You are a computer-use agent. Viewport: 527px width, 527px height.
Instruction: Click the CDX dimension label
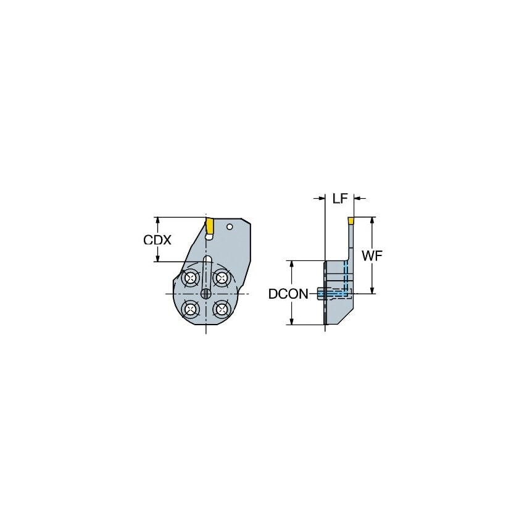(x=157, y=240)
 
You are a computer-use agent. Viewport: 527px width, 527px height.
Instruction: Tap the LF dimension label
(x=340, y=198)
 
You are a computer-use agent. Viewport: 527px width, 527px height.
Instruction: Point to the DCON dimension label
(x=288, y=294)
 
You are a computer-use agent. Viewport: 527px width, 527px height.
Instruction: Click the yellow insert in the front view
(x=210, y=226)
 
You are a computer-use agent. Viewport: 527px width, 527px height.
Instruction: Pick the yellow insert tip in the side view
(x=351, y=220)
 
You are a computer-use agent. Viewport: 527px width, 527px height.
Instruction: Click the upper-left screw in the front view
(x=191, y=279)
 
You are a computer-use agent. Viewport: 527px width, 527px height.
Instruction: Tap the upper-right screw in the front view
(x=220, y=279)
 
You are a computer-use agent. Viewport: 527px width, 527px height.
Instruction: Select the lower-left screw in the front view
(x=191, y=308)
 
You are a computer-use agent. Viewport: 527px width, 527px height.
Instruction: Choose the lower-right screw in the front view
(x=220, y=308)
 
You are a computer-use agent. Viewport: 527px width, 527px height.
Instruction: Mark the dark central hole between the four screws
(x=206, y=294)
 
